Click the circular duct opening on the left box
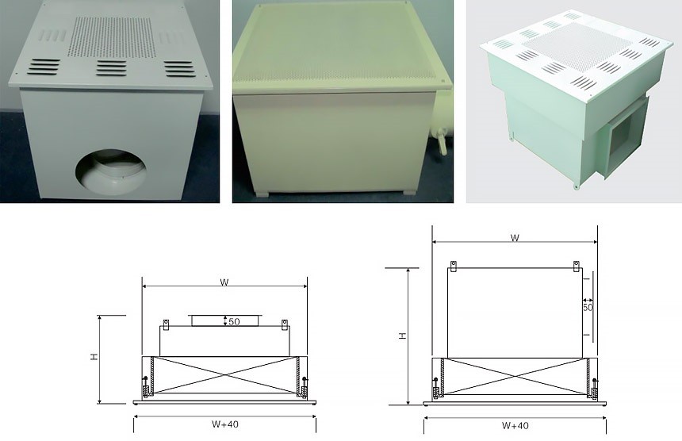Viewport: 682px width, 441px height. [111, 172]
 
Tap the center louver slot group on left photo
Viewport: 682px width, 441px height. [111, 68]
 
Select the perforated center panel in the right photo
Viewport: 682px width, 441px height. [577, 48]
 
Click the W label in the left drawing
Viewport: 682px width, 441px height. [224, 282]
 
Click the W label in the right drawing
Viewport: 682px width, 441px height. [515, 237]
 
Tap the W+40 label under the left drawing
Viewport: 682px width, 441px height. [225, 424]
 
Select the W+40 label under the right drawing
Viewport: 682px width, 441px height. [515, 425]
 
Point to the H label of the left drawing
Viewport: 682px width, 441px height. [94, 357]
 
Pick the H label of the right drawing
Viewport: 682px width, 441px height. [403, 335]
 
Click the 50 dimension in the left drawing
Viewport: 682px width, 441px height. [234, 322]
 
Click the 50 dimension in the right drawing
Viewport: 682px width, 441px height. [588, 308]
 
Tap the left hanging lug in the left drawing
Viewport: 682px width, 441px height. [166, 324]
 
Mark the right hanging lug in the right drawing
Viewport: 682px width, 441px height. [577, 267]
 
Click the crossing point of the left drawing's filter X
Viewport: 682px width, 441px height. [224, 375]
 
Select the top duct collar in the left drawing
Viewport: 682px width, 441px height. [225, 320]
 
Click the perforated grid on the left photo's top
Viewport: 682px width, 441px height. [112, 37]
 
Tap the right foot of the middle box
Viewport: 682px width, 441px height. [409, 192]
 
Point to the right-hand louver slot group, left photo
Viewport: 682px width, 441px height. [179, 69]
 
